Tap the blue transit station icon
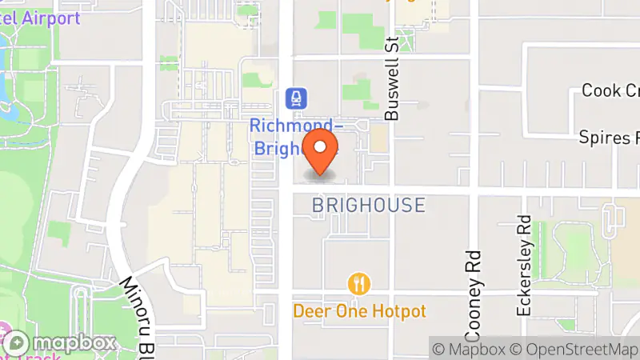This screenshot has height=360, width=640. [x=294, y=98]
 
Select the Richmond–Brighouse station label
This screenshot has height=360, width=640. [x=293, y=137]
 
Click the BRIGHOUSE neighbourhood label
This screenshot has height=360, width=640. [x=368, y=206]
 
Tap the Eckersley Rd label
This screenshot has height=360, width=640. [x=525, y=265]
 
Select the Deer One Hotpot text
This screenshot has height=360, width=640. [x=359, y=311]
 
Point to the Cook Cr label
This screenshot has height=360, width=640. [x=610, y=90]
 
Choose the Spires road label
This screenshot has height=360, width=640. [x=610, y=137]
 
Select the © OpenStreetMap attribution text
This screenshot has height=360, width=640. [x=575, y=349]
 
